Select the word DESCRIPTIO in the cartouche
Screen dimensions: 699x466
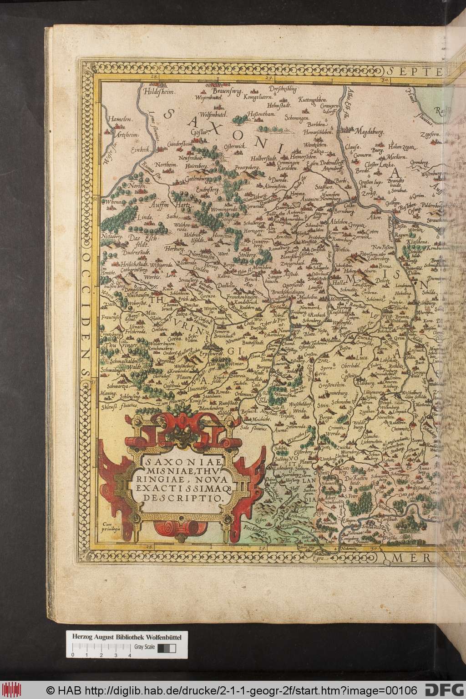pyautogui.click(x=184, y=498)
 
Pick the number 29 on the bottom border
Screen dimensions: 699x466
pyautogui.click(x=262, y=549)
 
